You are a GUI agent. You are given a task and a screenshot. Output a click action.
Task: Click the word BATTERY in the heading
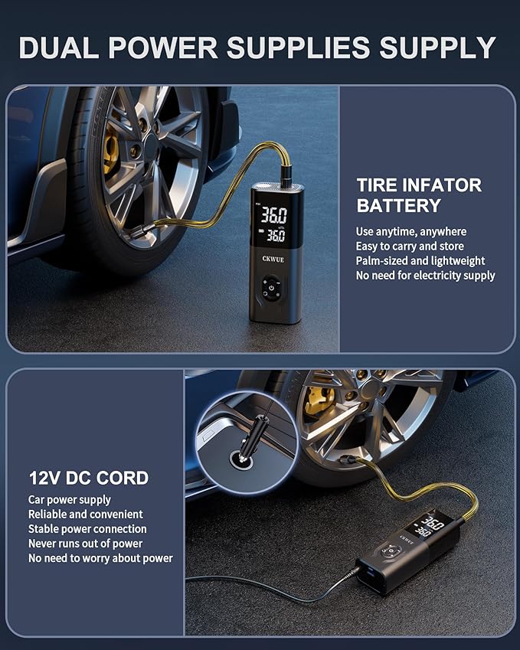[x=398, y=206]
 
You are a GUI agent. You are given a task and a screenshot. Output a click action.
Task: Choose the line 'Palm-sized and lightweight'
[x=420, y=260]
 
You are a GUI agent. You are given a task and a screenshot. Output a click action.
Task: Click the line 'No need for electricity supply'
[x=425, y=275]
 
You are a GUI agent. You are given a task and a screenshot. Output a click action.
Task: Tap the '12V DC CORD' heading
[x=89, y=479]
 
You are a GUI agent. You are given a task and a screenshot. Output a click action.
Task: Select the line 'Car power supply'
[x=70, y=500]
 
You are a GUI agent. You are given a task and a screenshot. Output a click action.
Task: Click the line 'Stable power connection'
[x=87, y=529]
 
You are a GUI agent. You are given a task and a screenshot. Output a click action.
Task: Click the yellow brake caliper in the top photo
[x=112, y=148]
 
